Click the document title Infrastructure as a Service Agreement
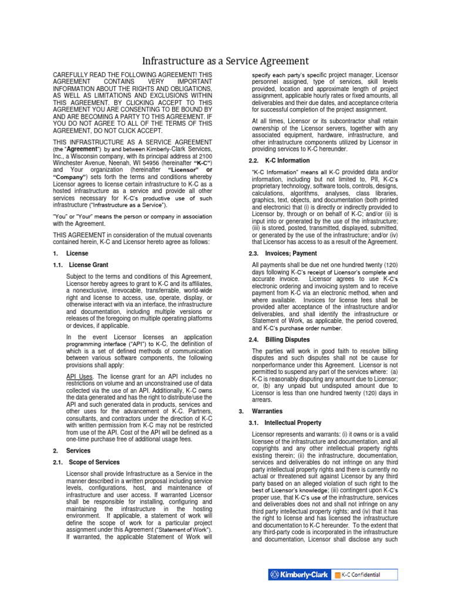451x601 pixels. [225, 60]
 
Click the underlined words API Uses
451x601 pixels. [79, 376]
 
